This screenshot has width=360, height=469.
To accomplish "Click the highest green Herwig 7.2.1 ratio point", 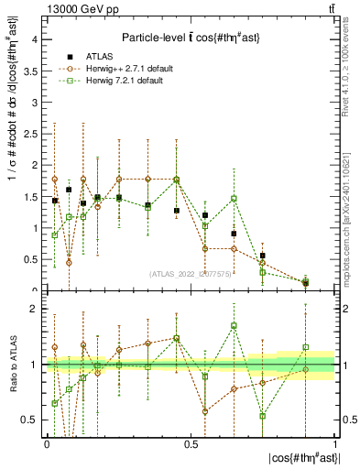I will click(235, 326).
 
